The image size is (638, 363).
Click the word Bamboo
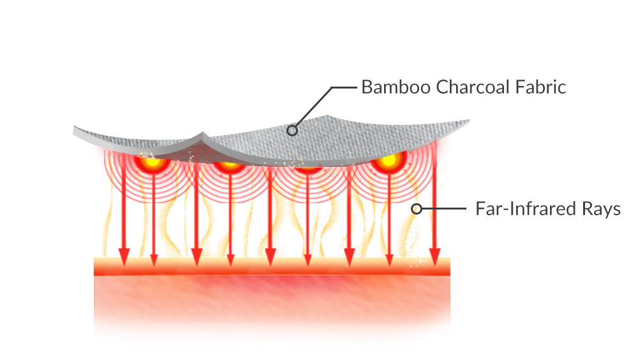pyautogui.click(x=396, y=87)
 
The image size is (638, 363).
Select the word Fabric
pyautogui.click(x=541, y=87)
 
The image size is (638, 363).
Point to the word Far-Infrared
pyautogui.click(x=526, y=209)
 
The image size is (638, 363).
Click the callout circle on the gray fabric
pyautogui.click(x=292, y=131)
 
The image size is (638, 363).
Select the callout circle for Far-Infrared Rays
pyautogui.click(x=416, y=209)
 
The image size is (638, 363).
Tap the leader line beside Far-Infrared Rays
pyautogui.click(x=444, y=209)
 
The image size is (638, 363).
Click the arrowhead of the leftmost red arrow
pyautogui.click(x=124, y=257)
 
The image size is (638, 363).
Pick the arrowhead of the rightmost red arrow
pyautogui.click(x=434, y=257)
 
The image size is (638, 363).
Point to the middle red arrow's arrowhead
pyautogui.click(x=270, y=257)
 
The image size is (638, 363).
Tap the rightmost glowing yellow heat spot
pyautogui.click(x=389, y=160)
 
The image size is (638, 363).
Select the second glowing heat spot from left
pyautogui.click(x=230, y=164)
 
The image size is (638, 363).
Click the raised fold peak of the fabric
pyautogui.click(x=203, y=134)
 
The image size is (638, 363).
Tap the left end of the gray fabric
pyautogui.click(x=75, y=131)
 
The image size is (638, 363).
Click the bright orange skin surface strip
pyautogui.click(x=272, y=266)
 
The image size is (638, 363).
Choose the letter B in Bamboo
pyautogui.click(x=367, y=87)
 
